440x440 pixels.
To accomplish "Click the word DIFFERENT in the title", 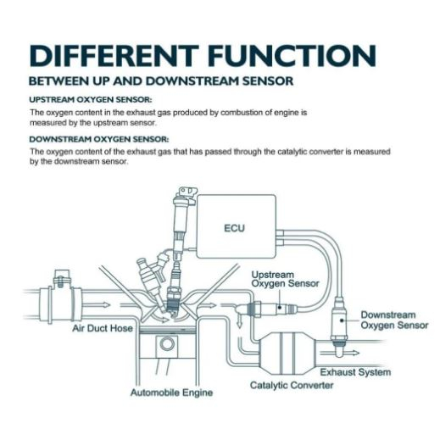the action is click(x=114, y=56).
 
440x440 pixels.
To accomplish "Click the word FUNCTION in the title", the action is click(x=292, y=56).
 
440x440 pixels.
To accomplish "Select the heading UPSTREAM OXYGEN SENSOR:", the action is click(x=91, y=100).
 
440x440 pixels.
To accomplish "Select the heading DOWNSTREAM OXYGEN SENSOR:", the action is click(x=99, y=139).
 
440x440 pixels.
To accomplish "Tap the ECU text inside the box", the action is click(x=234, y=228).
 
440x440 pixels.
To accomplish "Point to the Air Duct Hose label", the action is click(x=103, y=328).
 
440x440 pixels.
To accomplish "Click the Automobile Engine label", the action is click(x=171, y=393).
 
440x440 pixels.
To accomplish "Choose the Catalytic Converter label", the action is click(x=292, y=385).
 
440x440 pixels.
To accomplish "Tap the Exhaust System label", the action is click(x=355, y=372).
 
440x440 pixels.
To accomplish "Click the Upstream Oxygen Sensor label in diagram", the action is click(x=285, y=279).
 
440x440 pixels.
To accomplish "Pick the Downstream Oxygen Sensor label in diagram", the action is click(x=394, y=320).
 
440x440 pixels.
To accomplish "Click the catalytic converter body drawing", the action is click(x=287, y=354).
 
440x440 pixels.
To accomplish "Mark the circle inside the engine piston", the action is click(x=167, y=343).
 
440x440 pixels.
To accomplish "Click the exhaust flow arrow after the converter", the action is click(x=340, y=353).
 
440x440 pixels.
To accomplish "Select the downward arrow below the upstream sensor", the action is click(x=240, y=320).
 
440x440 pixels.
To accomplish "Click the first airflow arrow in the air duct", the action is click(x=97, y=305).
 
